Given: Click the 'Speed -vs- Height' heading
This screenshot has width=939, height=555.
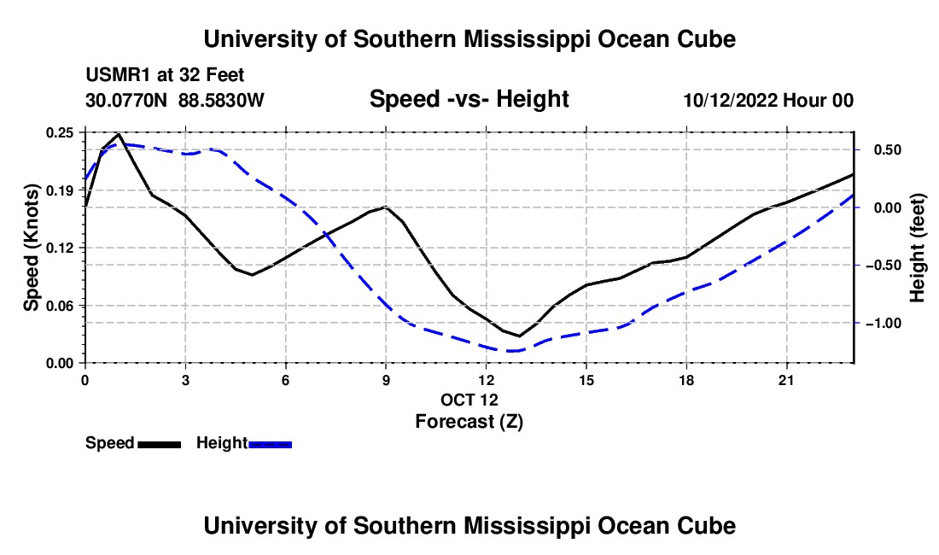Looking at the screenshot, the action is (469, 99).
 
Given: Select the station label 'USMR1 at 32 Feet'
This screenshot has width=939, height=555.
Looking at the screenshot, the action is (165, 75).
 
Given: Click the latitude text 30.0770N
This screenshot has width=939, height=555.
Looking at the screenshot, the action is (126, 100).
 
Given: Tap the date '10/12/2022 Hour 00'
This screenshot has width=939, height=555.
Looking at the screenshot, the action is (768, 100).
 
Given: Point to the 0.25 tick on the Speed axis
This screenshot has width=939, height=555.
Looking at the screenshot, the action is (59, 132).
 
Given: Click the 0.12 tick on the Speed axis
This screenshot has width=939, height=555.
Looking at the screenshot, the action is (59, 248).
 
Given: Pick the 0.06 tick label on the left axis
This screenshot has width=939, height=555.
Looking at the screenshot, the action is (59, 306).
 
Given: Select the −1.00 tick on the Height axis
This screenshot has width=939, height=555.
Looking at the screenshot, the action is (884, 324).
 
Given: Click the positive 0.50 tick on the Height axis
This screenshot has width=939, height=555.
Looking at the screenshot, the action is (888, 149).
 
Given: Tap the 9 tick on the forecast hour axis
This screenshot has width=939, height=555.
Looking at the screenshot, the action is (386, 380).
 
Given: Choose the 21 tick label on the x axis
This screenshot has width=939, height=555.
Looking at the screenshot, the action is (786, 380).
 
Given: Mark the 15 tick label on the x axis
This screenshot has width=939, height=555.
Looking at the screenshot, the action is (586, 380).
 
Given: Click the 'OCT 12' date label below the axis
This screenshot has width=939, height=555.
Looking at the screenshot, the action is (469, 400).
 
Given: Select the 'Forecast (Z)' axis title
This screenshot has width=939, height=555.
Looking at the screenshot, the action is (469, 422).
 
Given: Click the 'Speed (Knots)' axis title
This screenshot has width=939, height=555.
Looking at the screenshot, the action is (31, 248).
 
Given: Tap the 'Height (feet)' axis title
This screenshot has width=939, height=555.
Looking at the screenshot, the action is (918, 248).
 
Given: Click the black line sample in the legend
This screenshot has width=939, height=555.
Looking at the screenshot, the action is (160, 445).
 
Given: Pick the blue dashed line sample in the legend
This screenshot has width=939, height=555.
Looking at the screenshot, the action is (270, 445).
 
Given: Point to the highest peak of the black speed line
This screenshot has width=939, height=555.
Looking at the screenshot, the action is (119, 134).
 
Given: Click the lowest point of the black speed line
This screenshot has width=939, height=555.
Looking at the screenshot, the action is (519, 336).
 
